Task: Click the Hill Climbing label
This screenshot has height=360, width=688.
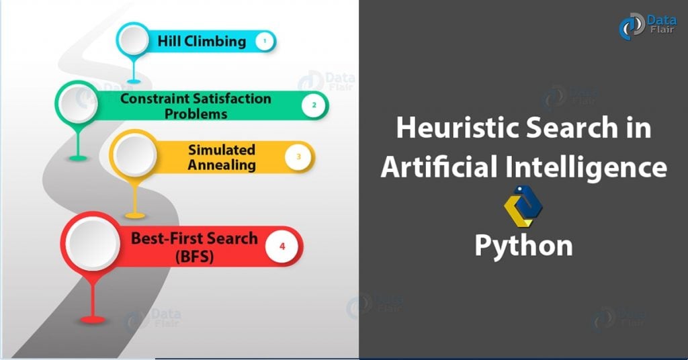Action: (x=202, y=41)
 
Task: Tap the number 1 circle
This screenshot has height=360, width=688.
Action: (x=265, y=42)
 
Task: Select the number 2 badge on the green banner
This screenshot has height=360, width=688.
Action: (x=313, y=105)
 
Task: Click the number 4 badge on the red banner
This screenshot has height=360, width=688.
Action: (x=282, y=246)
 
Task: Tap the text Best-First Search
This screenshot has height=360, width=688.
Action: (x=194, y=238)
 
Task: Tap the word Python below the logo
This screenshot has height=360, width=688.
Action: (x=523, y=245)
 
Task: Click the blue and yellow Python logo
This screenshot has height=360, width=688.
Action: (x=523, y=205)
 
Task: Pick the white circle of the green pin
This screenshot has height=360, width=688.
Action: (x=79, y=105)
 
